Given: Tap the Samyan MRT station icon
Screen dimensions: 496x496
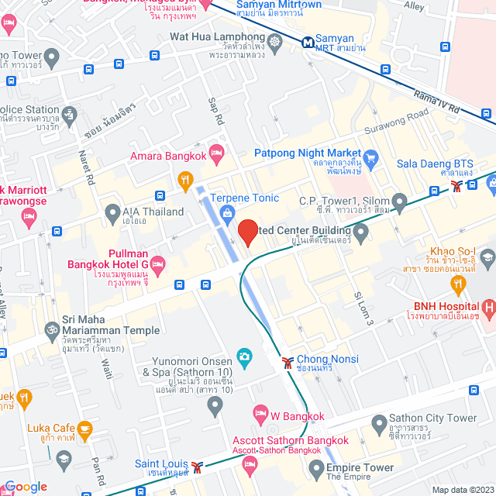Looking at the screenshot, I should [x=308, y=40].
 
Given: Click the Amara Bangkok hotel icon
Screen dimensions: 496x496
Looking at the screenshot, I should [x=216, y=150].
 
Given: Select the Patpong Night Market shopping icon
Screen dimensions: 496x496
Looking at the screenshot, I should [x=370, y=160].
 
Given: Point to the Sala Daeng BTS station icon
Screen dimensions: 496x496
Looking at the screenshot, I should [x=459, y=186].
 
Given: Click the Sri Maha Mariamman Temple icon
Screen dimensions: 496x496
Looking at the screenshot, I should [x=53, y=329].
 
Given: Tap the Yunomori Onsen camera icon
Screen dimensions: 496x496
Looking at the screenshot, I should [x=244, y=356].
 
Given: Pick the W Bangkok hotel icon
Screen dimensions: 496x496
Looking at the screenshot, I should [x=260, y=412].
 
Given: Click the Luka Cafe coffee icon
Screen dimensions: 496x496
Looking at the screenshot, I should [x=84, y=427].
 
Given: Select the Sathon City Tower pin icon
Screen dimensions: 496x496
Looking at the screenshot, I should [x=378, y=424].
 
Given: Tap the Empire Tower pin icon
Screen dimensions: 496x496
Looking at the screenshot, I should [x=315, y=467].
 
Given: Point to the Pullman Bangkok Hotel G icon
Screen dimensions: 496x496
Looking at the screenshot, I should [x=157, y=264].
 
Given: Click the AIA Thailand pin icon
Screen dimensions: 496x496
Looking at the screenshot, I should [x=112, y=212].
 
